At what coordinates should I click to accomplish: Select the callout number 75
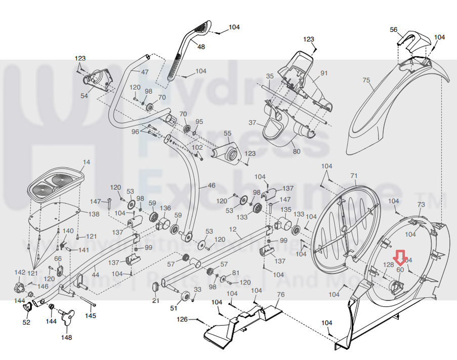(366, 80)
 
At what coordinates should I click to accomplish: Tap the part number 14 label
(87, 162)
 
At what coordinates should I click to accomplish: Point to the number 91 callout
(324, 73)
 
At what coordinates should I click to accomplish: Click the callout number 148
(66, 337)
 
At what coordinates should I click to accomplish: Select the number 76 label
(281, 295)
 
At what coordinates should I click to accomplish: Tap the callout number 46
(211, 185)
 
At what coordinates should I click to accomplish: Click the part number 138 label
(94, 214)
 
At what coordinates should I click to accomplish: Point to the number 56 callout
(394, 30)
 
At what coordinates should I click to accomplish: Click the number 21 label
(156, 301)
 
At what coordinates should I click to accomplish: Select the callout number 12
(233, 229)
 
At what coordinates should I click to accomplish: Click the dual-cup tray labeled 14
(54, 184)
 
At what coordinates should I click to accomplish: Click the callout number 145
(90, 316)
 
